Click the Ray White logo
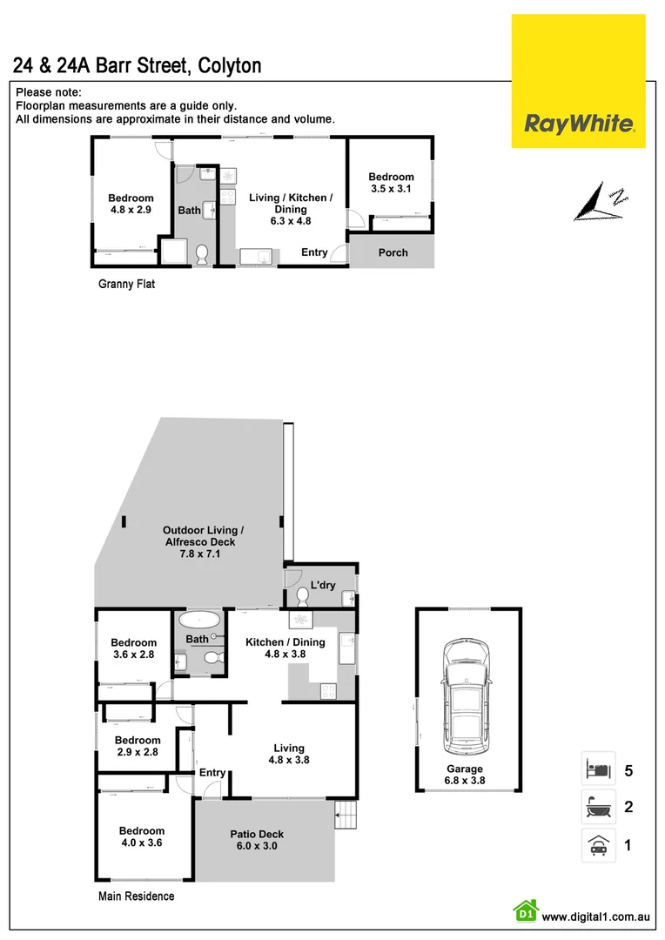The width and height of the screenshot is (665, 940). (x=578, y=124)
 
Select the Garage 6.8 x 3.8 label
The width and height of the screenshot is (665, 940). (x=466, y=775)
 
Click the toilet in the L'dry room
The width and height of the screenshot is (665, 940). (x=301, y=596)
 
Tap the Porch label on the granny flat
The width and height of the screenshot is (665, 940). (x=393, y=252)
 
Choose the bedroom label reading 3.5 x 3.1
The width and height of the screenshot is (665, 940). (x=391, y=183)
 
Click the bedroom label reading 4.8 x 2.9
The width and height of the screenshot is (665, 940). (x=131, y=204)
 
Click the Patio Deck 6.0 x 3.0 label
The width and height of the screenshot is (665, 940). (x=257, y=840)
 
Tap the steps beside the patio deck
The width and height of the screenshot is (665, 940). (x=346, y=817)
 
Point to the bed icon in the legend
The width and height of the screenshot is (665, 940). (x=598, y=769)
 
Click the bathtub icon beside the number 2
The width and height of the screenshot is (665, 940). (x=598, y=808)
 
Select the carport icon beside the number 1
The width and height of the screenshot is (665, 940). (x=598, y=845)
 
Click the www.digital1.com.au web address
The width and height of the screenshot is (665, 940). (x=596, y=916)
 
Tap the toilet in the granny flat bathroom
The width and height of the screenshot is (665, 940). (x=201, y=254)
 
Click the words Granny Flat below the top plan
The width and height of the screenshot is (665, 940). (x=126, y=284)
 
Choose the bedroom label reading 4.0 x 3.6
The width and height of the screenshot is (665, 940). (x=142, y=836)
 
